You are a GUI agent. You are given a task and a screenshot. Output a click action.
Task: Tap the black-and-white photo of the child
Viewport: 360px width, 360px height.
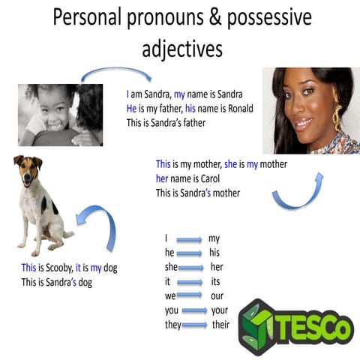pos(60,114)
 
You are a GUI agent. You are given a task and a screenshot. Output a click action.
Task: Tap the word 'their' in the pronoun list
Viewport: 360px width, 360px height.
pos(220,325)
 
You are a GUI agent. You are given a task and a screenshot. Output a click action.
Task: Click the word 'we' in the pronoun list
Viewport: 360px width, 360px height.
pos(170,295)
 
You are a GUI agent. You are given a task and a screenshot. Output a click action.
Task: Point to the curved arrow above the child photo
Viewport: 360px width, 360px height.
pos(115,73)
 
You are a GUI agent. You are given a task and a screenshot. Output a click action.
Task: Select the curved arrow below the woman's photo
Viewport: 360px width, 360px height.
pos(298,193)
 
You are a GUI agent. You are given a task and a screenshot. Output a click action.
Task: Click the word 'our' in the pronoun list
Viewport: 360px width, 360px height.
pos(217,295)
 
